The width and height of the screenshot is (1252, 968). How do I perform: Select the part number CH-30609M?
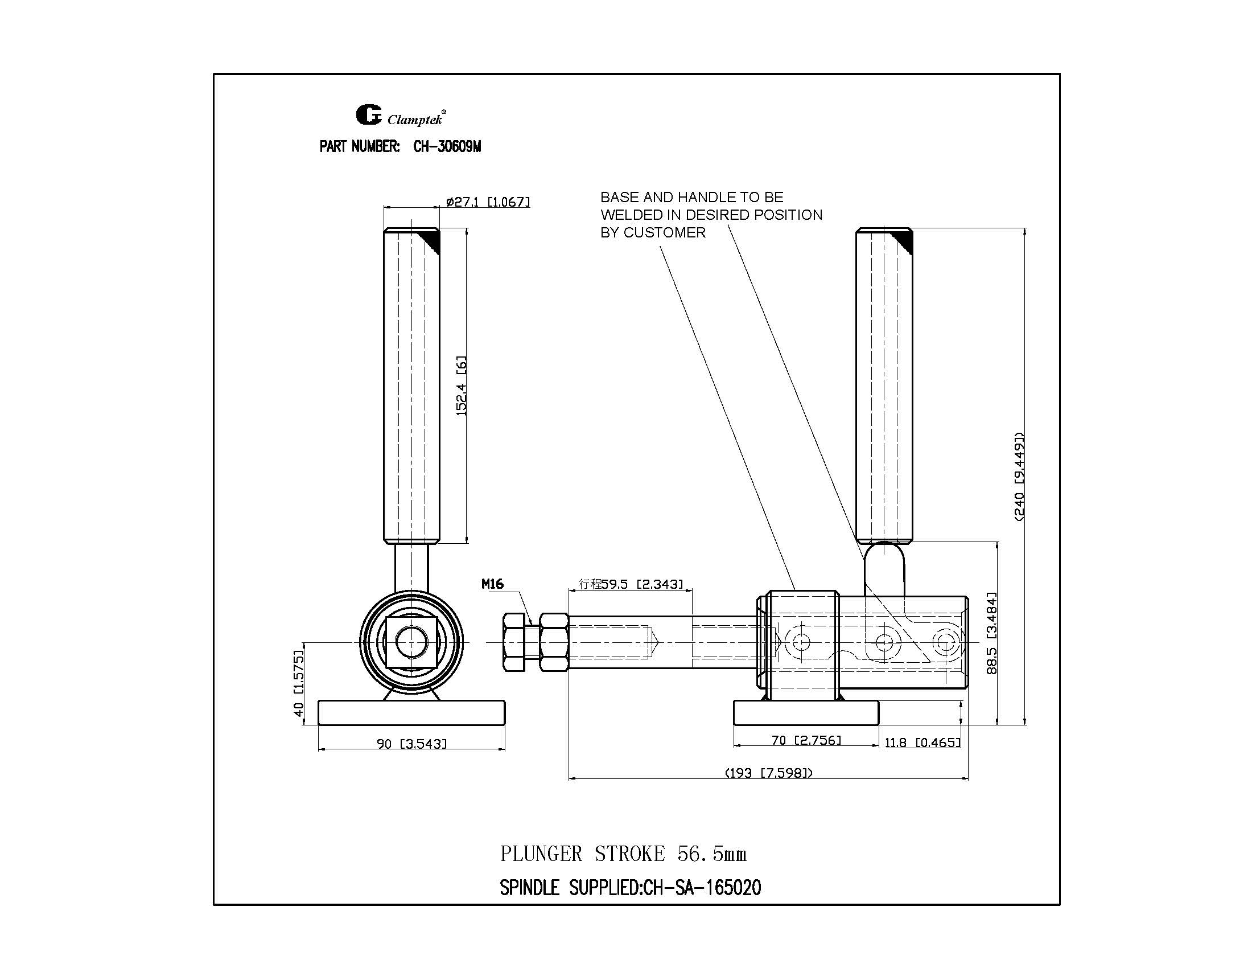pyautogui.click(x=447, y=147)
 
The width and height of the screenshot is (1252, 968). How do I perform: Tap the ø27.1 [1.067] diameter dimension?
pyautogui.click(x=488, y=202)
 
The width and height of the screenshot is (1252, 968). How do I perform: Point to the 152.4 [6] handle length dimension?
pyautogui.click(x=462, y=385)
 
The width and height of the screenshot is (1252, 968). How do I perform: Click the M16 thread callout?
pyautogui.click(x=492, y=584)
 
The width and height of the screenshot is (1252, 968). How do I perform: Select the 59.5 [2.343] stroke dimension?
pyautogui.click(x=631, y=584)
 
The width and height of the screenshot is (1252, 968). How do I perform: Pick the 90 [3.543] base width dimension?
pyautogui.click(x=411, y=744)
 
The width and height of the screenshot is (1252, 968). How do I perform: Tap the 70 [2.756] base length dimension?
pyautogui.click(x=806, y=740)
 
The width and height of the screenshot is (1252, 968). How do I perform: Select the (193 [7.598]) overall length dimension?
pyautogui.click(x=769, y=773)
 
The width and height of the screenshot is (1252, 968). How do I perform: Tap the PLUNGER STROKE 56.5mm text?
pyautogui.click(x=623, y=854)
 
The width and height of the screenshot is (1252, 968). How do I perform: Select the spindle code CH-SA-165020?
pyautogui.click(x=702, y=888)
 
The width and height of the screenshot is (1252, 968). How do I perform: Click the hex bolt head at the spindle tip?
pyautogui.click(x=514, y=642)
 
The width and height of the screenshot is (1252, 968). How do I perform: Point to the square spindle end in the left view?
pyautogui.click(x=411, y=642)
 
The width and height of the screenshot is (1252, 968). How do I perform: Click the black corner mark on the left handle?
pyautogui.click(x=431, y=240)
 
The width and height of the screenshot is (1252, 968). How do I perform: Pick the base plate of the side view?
pyautogui.click(x=806, y=712)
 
